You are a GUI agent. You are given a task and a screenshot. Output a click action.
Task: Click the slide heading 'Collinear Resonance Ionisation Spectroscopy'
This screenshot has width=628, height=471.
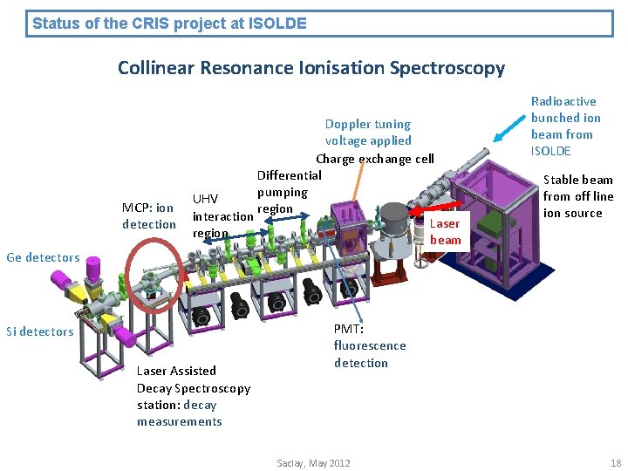point(311,67)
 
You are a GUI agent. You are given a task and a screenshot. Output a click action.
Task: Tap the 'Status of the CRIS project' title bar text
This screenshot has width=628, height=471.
point(169,24)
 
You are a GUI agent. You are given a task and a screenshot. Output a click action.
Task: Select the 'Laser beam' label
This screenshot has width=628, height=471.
point(445,232)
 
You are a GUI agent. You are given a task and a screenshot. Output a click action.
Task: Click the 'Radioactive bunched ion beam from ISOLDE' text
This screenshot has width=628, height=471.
point(566,126)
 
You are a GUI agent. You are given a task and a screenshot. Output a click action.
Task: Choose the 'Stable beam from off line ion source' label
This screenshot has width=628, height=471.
point(577,196)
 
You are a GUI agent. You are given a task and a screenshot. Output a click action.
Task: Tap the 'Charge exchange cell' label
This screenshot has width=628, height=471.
point(374,159)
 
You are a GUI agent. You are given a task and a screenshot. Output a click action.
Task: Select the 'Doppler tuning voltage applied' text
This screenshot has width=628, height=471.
point(367,132)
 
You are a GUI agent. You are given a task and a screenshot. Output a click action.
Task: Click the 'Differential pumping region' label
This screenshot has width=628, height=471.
point(283,192)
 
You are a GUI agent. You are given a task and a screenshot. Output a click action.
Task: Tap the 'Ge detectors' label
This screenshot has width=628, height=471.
point(43,257)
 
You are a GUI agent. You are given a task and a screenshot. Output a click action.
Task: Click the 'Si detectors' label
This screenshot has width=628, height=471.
point(40,331)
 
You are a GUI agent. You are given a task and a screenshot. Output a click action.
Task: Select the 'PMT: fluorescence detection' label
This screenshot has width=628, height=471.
point(369,345)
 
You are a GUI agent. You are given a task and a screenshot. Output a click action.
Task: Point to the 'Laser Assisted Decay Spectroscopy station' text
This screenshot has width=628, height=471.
point(193,396)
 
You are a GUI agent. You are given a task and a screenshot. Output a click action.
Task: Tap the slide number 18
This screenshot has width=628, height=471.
point(616,463)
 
